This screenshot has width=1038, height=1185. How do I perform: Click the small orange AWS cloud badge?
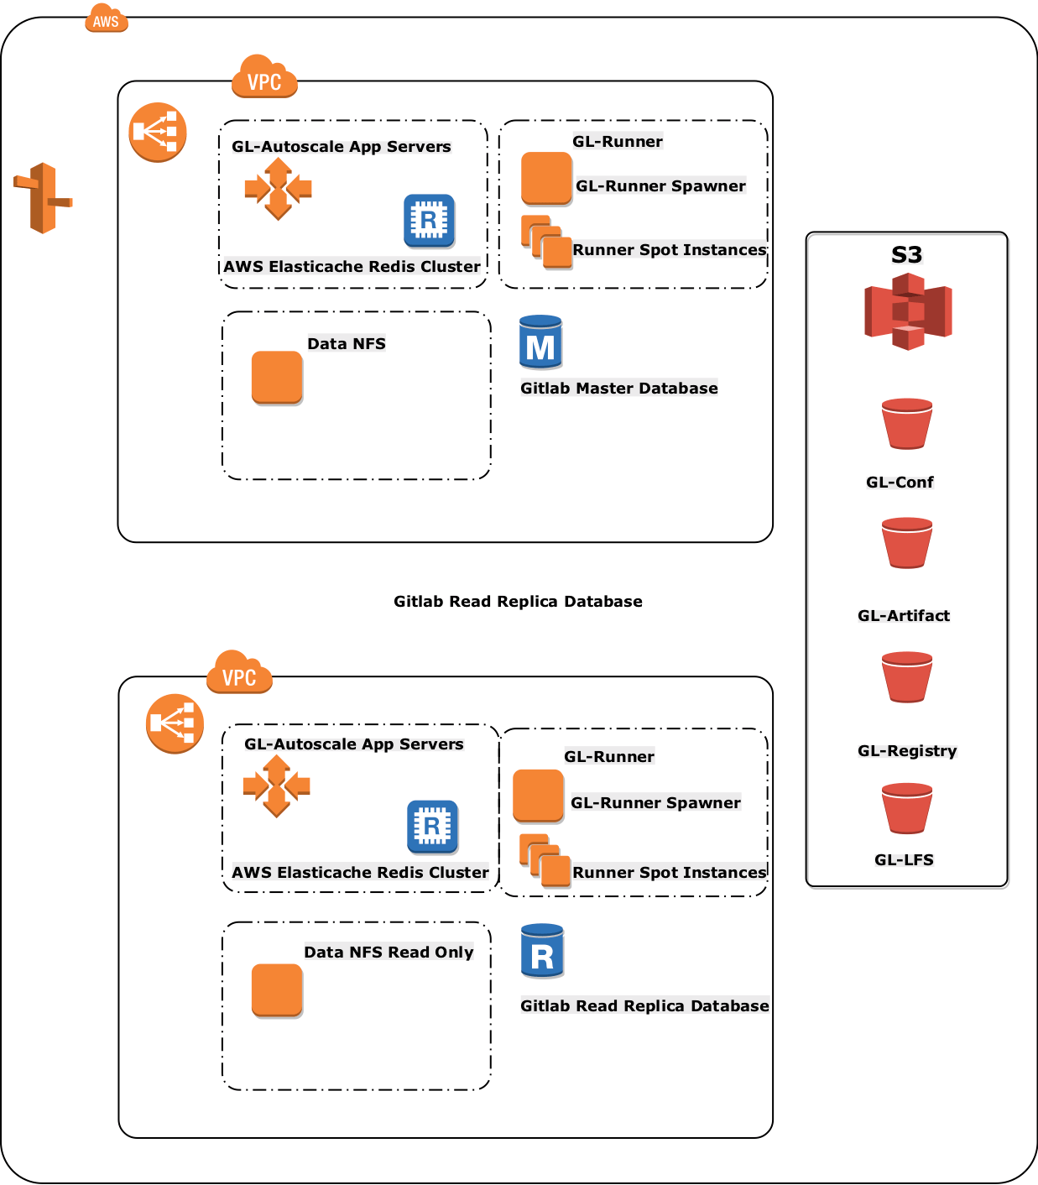pos(107,18)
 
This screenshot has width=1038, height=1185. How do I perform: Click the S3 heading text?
pos(906,254)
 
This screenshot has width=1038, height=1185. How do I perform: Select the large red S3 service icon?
pos(908,311)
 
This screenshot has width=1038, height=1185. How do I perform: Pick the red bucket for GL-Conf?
pos(907,424)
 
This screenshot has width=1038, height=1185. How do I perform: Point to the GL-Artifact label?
pos(904,615)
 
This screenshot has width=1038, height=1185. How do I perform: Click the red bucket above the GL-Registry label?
pos(907,677)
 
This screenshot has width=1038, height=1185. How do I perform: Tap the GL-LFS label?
pos(904,859)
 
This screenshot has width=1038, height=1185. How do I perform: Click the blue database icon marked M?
pos(540,342)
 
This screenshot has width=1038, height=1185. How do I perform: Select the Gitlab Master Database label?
pos(618,388)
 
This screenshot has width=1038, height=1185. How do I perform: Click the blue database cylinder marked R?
pos(542,951)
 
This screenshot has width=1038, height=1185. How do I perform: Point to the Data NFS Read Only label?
pos(389,952)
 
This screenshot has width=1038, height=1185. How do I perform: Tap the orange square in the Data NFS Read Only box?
pos(277,990)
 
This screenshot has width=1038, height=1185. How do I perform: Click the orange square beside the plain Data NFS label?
pos(277,378)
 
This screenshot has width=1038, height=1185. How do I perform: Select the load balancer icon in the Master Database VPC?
pos(158,133)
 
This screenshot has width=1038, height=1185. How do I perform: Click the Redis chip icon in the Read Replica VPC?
pos(432,827)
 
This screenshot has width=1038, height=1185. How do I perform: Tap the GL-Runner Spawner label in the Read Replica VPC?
pos(655,802)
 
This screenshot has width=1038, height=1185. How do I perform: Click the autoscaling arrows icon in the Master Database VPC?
pos(278,189)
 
